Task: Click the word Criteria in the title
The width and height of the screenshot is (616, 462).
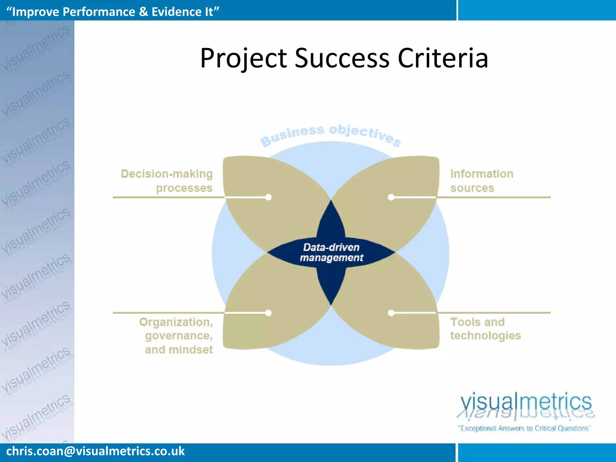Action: click(442, 58)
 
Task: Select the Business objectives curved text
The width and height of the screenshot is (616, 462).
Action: click(330, 135)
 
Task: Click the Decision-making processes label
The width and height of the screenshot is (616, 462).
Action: click(167, 181)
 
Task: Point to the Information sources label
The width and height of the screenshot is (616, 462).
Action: click(481, 181)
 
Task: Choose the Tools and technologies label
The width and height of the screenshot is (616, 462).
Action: click(485, 329)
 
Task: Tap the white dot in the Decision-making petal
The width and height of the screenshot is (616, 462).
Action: click(269, 197)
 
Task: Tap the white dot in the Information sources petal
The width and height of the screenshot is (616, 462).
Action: click(391, 197)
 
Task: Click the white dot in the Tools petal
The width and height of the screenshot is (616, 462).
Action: click(391, 313)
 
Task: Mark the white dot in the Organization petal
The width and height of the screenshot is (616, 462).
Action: click(269, 313)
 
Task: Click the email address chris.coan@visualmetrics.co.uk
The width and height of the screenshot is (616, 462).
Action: click(95, 451)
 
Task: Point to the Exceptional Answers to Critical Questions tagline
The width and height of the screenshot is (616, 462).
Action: click(524, 428)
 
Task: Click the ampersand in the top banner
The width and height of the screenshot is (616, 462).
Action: click(143, 12)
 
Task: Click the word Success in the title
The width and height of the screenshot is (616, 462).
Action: click(342, 58)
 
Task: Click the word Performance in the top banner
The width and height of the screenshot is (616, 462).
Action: click(99, 12)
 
